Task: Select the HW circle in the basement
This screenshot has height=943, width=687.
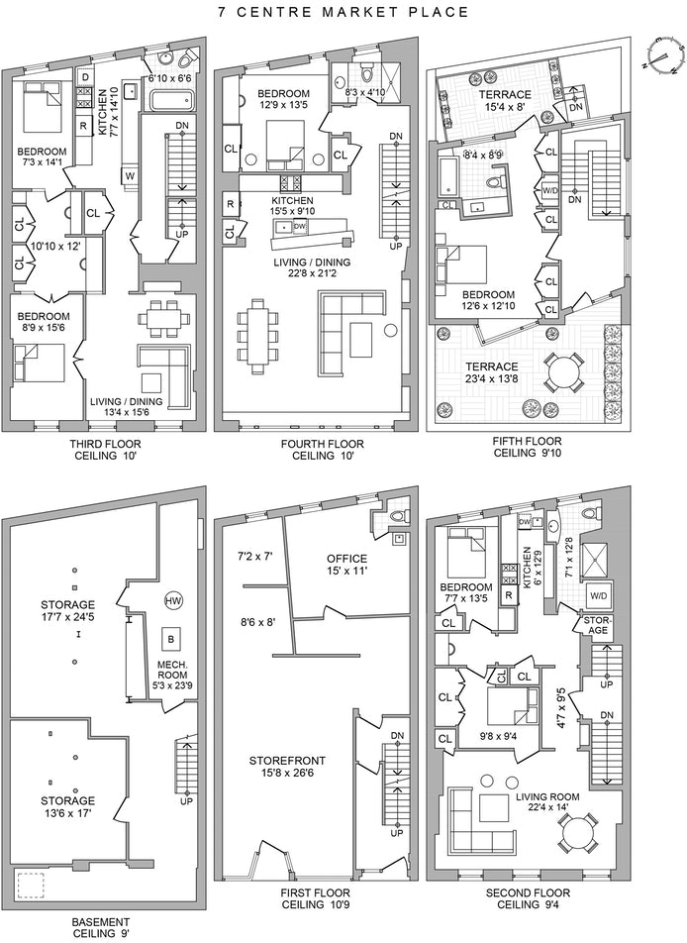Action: pos(174,600)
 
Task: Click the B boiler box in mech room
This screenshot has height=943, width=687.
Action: pos(170,637)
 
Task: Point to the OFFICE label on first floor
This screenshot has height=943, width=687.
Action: pos(347,559)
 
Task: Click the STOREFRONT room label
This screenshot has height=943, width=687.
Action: pos(291,761)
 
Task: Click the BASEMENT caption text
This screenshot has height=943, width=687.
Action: pos(100,920)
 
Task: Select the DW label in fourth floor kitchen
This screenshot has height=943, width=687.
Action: pos(301,226)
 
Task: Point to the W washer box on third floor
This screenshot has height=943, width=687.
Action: pos(130,176)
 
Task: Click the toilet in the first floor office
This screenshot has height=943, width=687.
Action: pos(397,515)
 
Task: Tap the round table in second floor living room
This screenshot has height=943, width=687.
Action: pos(578,834)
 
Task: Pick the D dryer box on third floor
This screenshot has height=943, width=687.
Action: pos(86,77)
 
